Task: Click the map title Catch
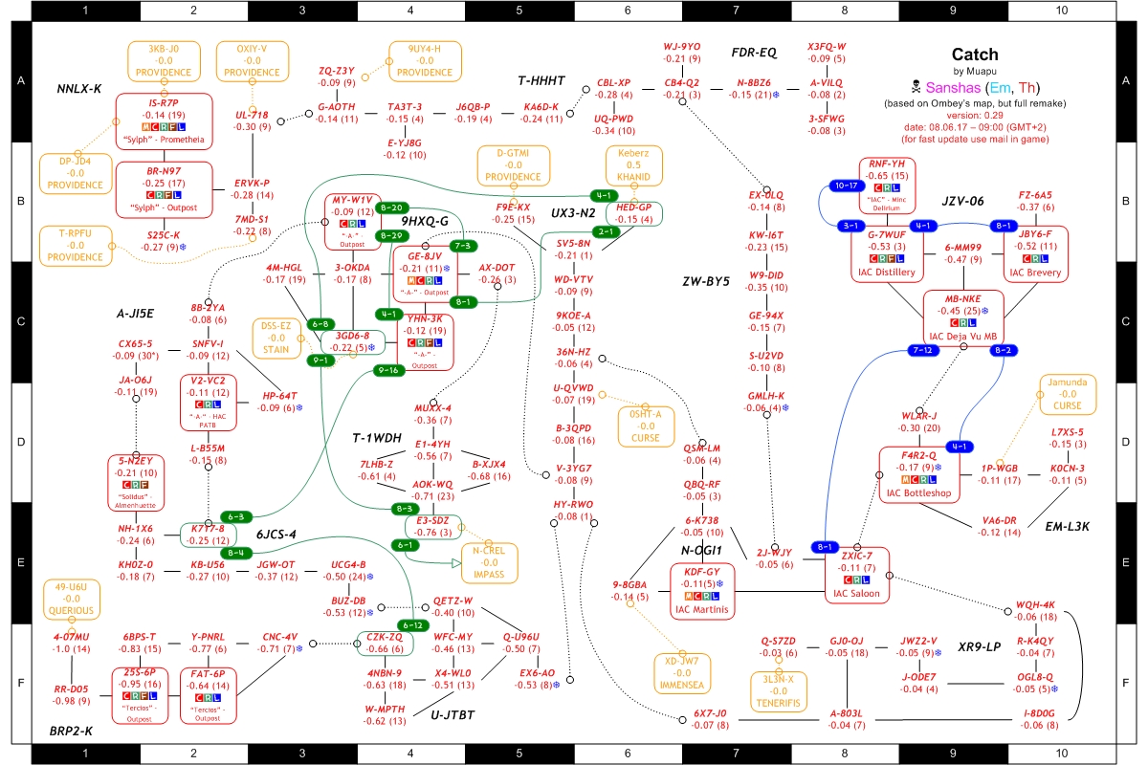(x=974, y=55)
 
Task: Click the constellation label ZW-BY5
(x=706, y=282)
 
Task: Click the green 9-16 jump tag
(x=388, y=369)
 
